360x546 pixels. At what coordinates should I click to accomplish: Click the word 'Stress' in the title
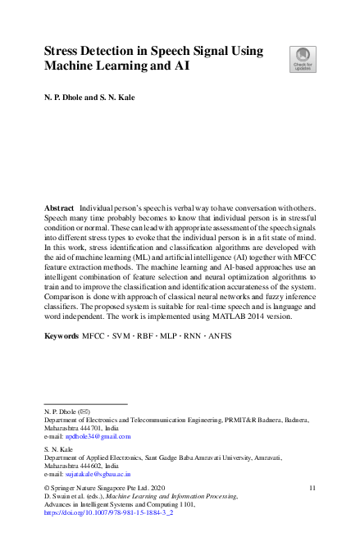click(x=65, y=51)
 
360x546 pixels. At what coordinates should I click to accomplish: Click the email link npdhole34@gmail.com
click(x=99, y=437)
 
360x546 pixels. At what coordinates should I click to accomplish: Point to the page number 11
click(x=312, y=488)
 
